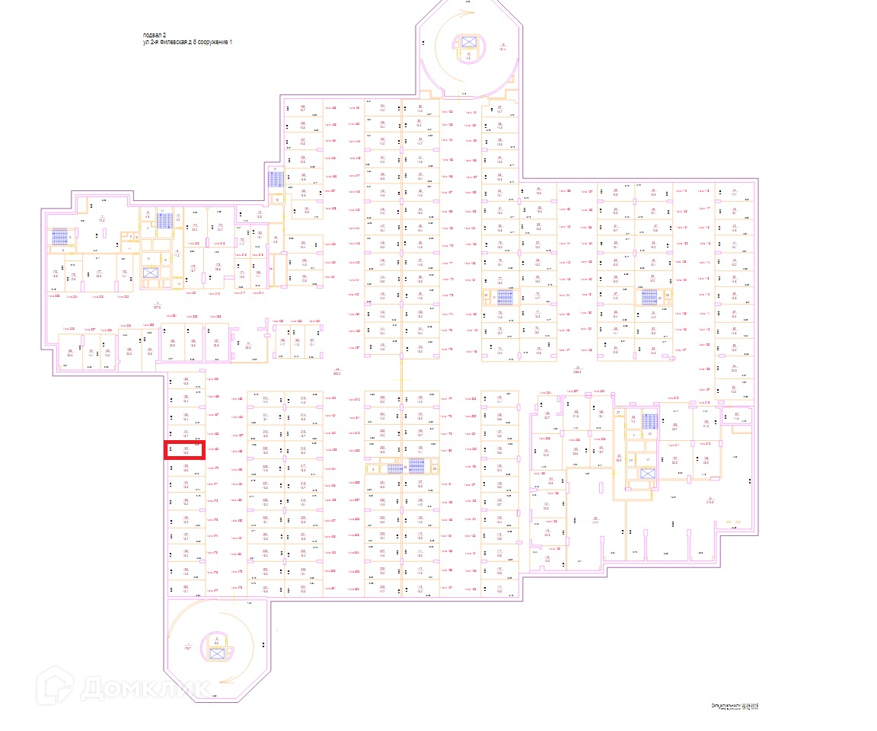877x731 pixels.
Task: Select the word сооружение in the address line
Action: [211, 43]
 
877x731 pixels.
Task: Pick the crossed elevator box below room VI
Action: [647, 474]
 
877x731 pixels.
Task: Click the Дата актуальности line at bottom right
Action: [735, 705]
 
